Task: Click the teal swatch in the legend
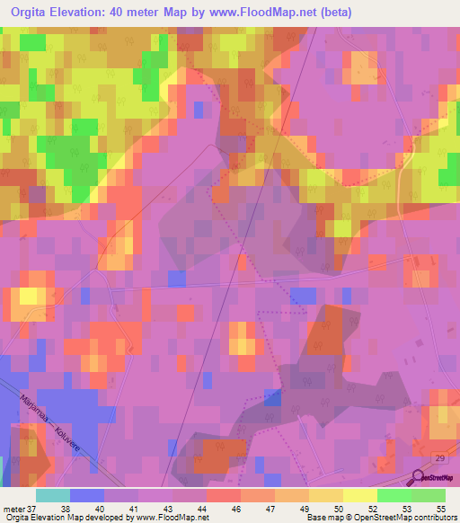click(53, 494)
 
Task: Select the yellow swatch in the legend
click(360, 494)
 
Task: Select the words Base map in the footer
click(323, 518)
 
